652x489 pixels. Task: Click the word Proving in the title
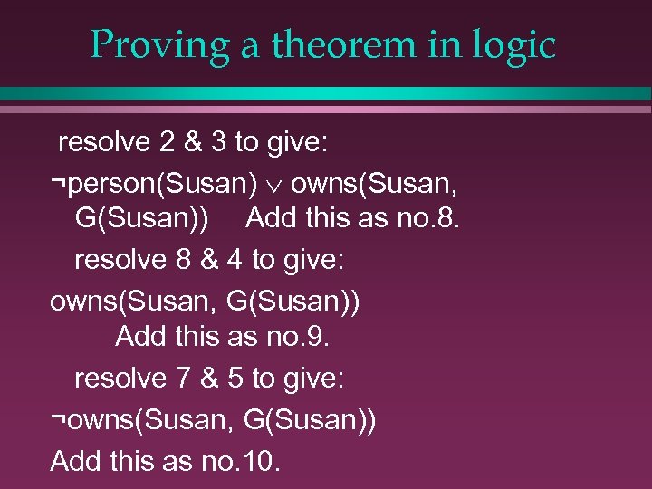[x=159, y=45]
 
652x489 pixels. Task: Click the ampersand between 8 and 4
[x=210, y=260]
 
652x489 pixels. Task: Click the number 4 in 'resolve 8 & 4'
[x=235, y=260]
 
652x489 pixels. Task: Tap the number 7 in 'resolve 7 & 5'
[x=184, y=379]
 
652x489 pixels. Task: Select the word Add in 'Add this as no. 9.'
[x=140, y=337]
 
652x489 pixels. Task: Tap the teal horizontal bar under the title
[x=326, y=93]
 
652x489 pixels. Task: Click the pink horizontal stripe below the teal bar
[x=326, y=110]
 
